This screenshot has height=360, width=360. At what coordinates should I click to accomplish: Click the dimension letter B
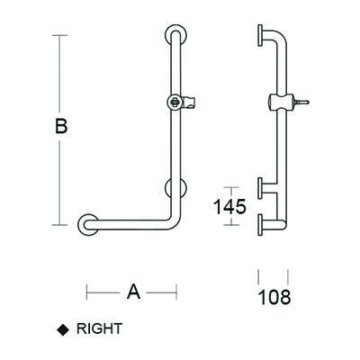coord(60,127)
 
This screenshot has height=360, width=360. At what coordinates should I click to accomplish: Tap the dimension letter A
coord(131,291)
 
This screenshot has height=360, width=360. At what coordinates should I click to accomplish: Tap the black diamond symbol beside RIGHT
coord(62,329)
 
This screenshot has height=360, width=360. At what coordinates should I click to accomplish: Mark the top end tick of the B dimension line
coord(60,35)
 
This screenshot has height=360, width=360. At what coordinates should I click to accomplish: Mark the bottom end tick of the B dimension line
coord(60,224)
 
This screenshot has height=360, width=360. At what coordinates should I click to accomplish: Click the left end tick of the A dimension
coord(86,291)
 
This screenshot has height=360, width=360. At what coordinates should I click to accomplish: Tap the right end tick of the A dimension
coord(175,291)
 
